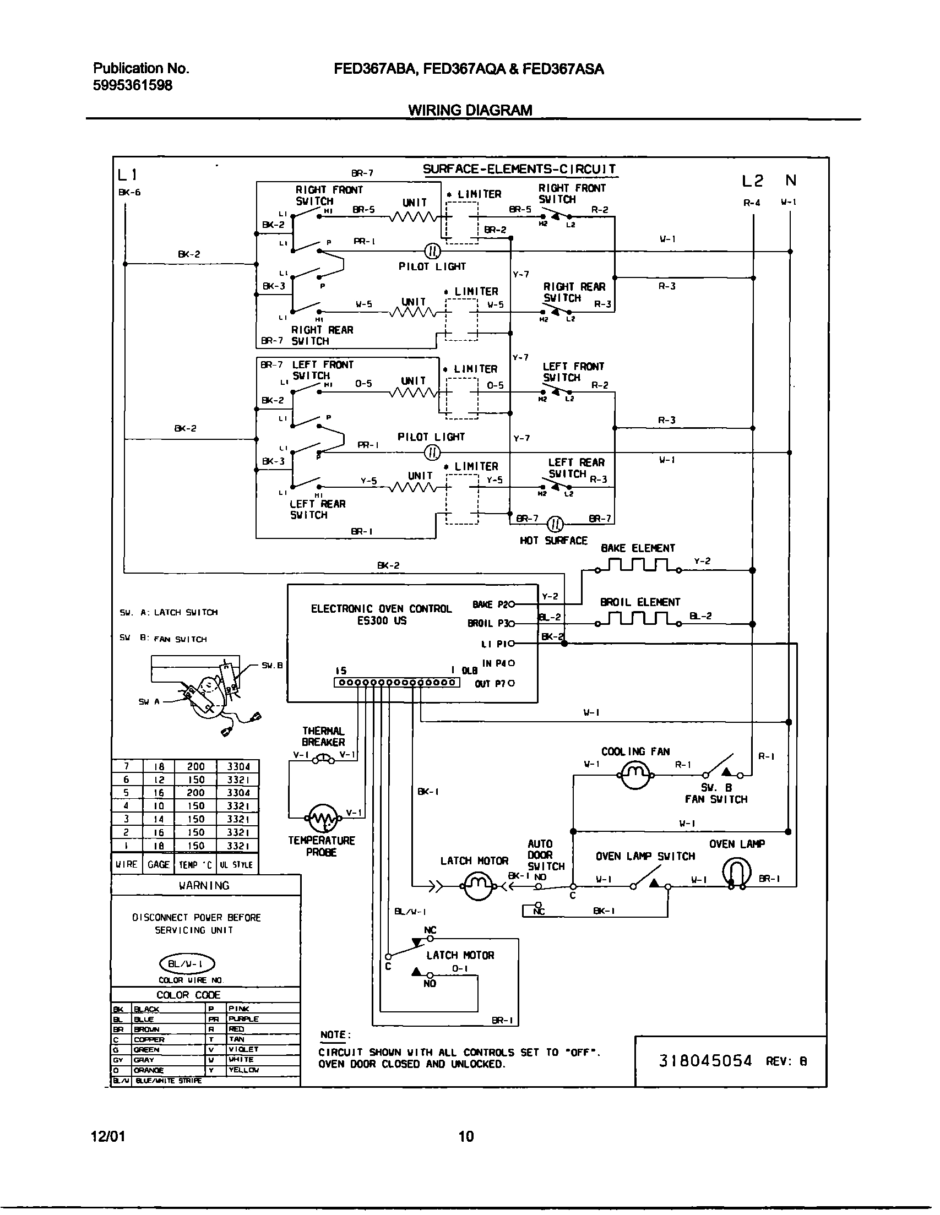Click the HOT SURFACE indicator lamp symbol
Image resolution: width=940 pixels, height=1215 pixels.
556,524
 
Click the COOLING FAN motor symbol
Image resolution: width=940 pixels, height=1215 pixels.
635,774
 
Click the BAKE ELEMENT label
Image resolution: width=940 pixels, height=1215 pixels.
637,548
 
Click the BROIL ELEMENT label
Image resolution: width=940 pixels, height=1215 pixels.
639,602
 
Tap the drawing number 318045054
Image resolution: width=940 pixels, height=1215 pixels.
705,1060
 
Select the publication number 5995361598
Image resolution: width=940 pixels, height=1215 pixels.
133,85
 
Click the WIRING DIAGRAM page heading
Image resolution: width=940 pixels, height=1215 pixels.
470,110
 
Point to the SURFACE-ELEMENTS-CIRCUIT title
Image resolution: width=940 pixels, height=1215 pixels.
519,169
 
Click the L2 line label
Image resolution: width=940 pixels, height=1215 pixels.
752,181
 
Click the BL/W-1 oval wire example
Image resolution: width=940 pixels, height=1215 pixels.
187,963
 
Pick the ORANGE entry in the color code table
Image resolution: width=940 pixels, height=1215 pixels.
149,1070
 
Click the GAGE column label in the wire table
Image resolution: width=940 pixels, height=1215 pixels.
158,864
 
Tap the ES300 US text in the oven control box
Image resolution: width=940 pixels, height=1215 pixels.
381,621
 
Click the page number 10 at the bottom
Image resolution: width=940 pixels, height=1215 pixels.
466,1136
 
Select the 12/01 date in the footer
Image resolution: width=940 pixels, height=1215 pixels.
108,1136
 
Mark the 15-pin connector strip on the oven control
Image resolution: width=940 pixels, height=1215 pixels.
396,683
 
